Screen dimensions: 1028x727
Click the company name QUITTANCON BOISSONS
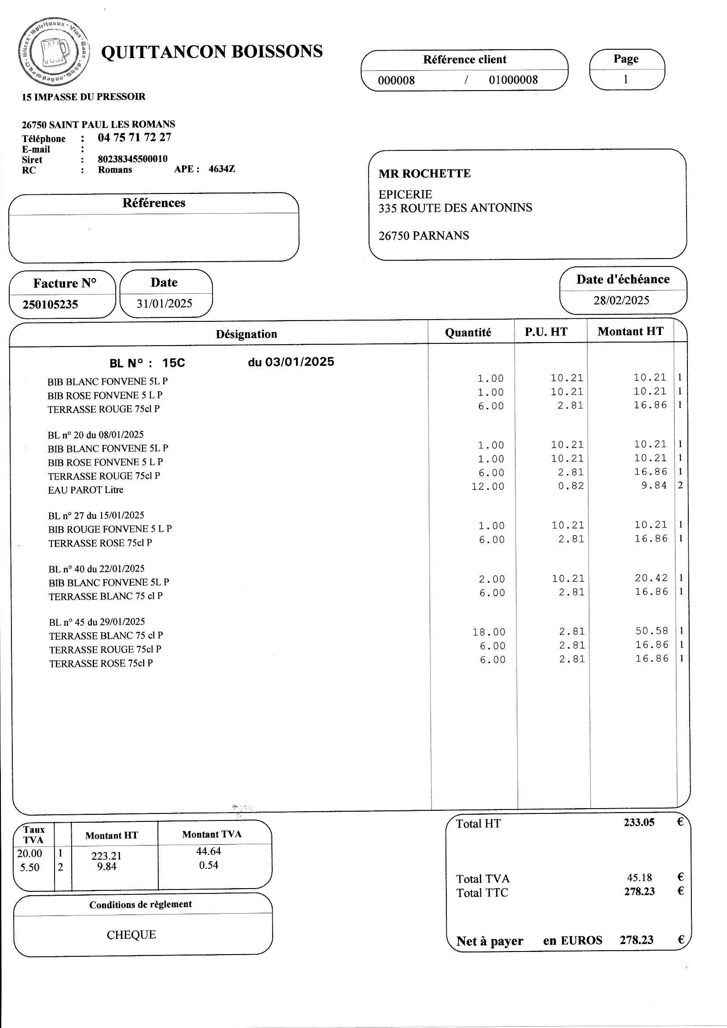pyautogui.click(x=212, y=52)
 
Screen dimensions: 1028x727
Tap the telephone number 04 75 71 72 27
pyautogui.click(x=135, y=138)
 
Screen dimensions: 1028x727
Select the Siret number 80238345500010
pyautogui.click(x=132, y=159)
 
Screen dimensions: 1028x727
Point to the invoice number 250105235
pyautogui.click(x=50, y=304)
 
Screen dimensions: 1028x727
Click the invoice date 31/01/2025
pyautogui.click(x=164, y=303)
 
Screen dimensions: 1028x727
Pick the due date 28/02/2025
pyautogui.click(x=621, y=300)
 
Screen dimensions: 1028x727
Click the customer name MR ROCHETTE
pyautogui.click(x=424, y=174)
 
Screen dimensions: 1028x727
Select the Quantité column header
pyautogui.click(x=468, y=332)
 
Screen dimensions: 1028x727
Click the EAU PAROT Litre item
pyautogui.click(x=86, y=490)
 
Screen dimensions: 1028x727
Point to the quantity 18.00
pyautogui.click(x=489, y=632)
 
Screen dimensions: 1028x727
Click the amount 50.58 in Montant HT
pyautogui.click(x=652, y=631)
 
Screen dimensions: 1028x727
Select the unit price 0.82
pyautogui.click(x=571, y=486)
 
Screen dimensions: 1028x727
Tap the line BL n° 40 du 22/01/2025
pyautogui.click(x=97, y=569)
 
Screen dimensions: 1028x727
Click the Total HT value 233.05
pyautogui.click(x=639, y=822)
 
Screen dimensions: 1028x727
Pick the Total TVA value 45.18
pyautogui.click(x=639, y=877)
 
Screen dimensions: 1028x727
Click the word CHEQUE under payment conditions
pyautogui.click(x=131, y=934)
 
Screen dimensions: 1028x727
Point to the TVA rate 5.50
pyautogui.click(x=29, y=867)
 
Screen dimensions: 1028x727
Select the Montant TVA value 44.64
pyautogui.click(x=208, y=851)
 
